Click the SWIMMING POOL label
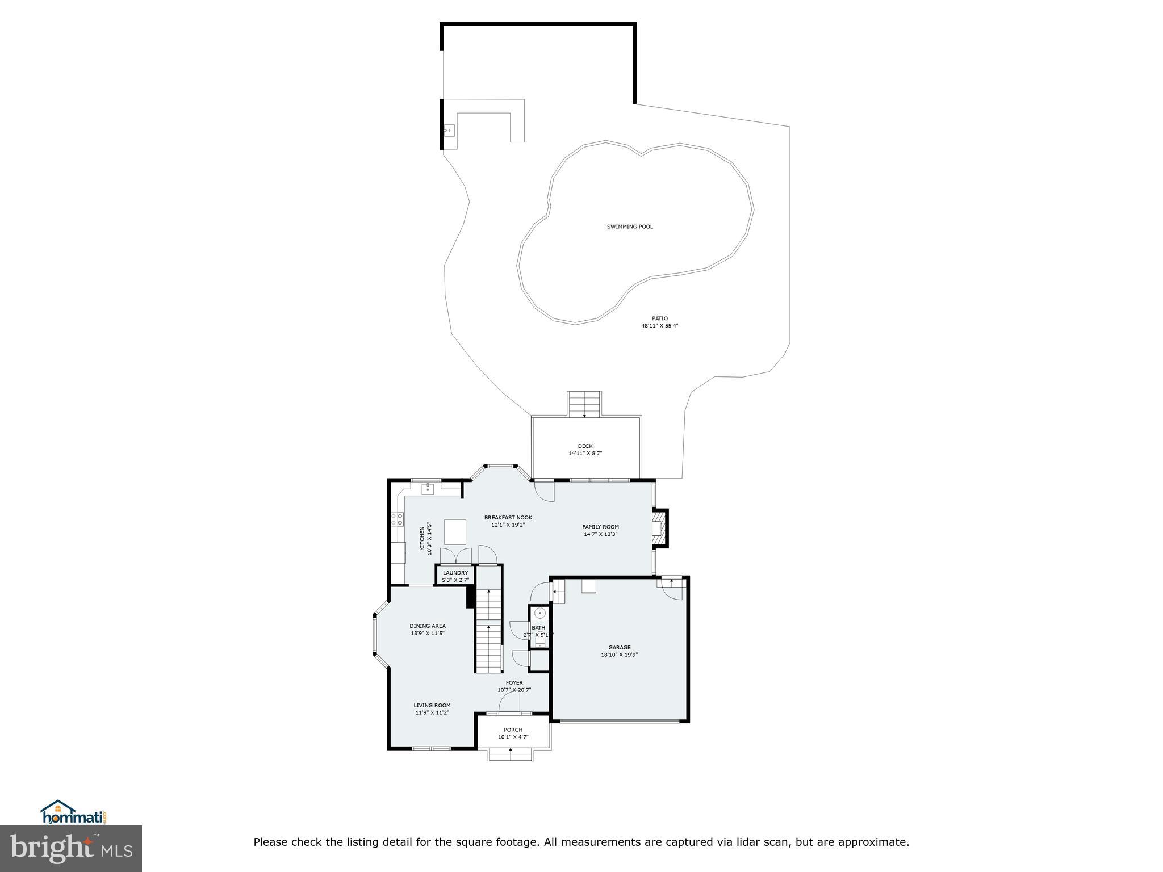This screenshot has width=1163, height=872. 630,227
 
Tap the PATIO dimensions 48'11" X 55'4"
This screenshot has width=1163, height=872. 660,326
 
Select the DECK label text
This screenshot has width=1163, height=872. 585,446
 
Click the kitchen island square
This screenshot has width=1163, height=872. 455,532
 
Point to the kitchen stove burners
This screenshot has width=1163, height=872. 397,519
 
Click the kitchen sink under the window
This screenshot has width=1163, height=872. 428,489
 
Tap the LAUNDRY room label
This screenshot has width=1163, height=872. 455,573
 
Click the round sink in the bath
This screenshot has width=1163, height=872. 540,613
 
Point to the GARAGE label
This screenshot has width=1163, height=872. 620,647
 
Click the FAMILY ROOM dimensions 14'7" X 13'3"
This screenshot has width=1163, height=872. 600,534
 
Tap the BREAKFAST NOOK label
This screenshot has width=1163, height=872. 508,517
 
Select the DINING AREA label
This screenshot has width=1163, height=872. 428,626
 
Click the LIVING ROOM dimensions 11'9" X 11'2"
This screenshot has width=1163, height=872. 432,712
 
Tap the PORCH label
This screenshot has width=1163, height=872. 513,730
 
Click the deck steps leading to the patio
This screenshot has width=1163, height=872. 584,404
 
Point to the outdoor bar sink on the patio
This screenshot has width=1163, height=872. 449,131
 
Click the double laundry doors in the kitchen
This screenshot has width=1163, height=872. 456,555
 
